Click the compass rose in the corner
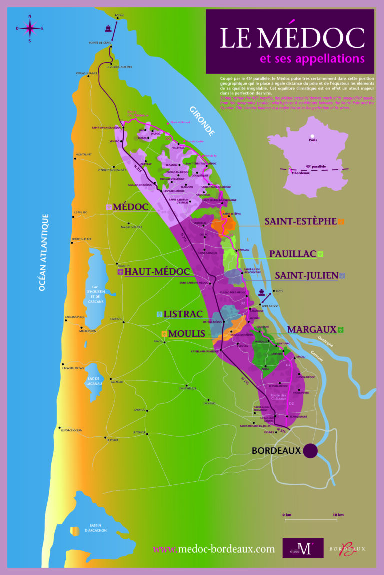click(30, 28)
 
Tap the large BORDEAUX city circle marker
click(310, 450)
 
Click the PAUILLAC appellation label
click(292, 254)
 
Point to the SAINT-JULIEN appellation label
click(306, 275)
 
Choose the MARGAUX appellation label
click(311, 329)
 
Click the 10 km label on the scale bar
click(338, 514)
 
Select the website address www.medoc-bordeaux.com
click(214, 549)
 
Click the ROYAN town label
click(118, 16)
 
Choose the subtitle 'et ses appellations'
click(312, 59)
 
